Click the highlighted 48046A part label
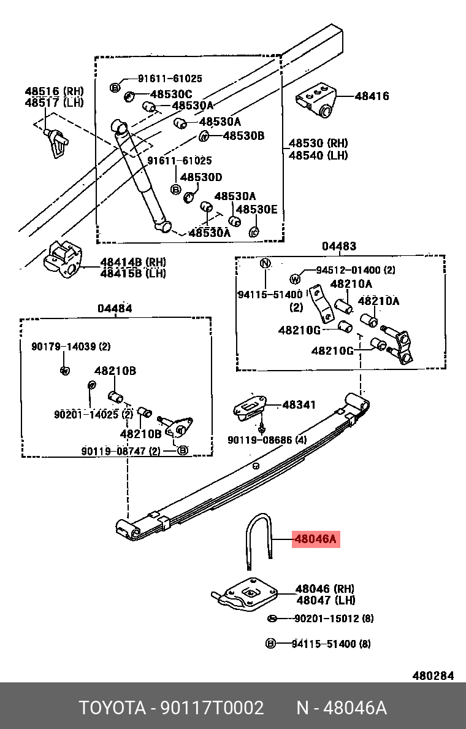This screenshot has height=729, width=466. pos(315,539)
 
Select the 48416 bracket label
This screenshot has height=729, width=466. pos(372,96)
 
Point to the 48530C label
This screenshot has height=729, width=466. pos(170,94)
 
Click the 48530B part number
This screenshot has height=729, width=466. pos(244,135)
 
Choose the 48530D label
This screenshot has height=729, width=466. pos(201,177)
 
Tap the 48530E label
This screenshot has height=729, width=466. pos(256,209)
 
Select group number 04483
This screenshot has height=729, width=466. pos(339,246)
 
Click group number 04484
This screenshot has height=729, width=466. pos(115,308)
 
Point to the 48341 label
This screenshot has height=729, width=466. pos(299,404)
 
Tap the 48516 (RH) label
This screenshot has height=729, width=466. pos(55,91)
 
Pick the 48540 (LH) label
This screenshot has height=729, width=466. pos(318,155)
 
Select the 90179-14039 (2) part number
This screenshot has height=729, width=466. pos(71,346)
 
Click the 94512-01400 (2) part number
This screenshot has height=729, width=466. pos(356,270)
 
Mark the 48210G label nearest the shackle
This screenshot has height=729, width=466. pos(332,350)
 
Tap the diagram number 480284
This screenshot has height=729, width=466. pos(433,676)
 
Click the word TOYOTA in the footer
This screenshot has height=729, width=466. pos(113,708)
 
